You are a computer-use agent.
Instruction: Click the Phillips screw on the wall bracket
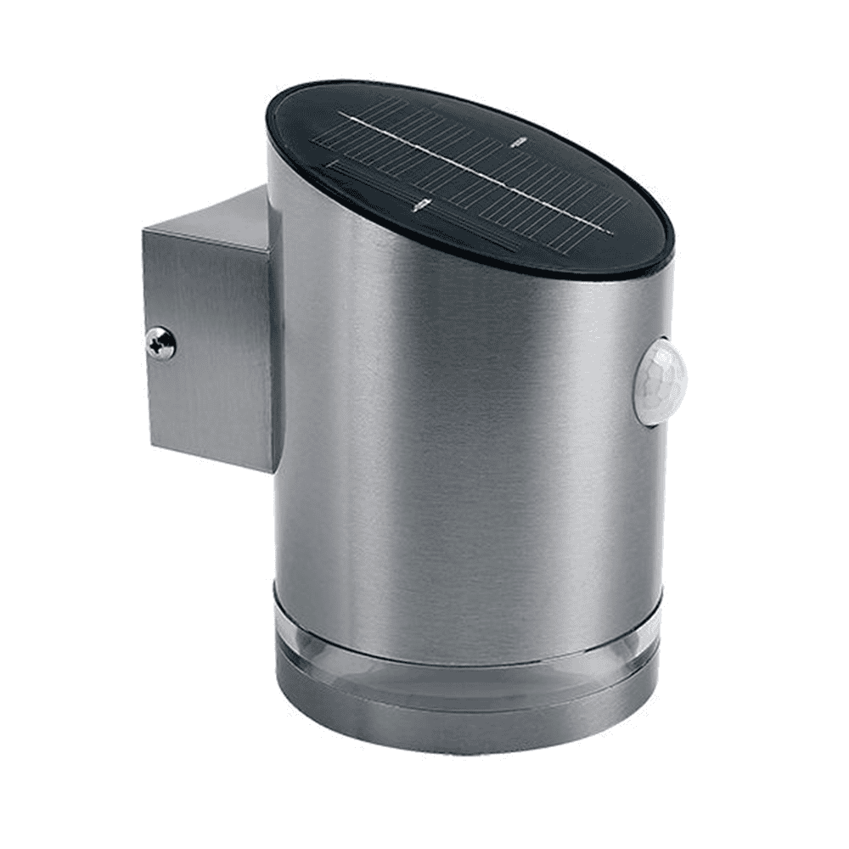pos(160,344)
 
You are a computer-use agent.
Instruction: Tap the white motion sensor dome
pos(660,381)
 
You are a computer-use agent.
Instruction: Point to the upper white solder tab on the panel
pos(515,144)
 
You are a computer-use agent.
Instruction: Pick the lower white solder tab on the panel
pos(418,204)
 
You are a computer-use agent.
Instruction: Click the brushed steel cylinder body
pos(458,424)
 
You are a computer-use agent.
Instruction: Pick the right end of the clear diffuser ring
pos(661,633)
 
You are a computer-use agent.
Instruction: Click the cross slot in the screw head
pos(160,344)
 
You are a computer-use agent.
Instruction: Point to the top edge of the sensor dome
pos(662,340)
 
